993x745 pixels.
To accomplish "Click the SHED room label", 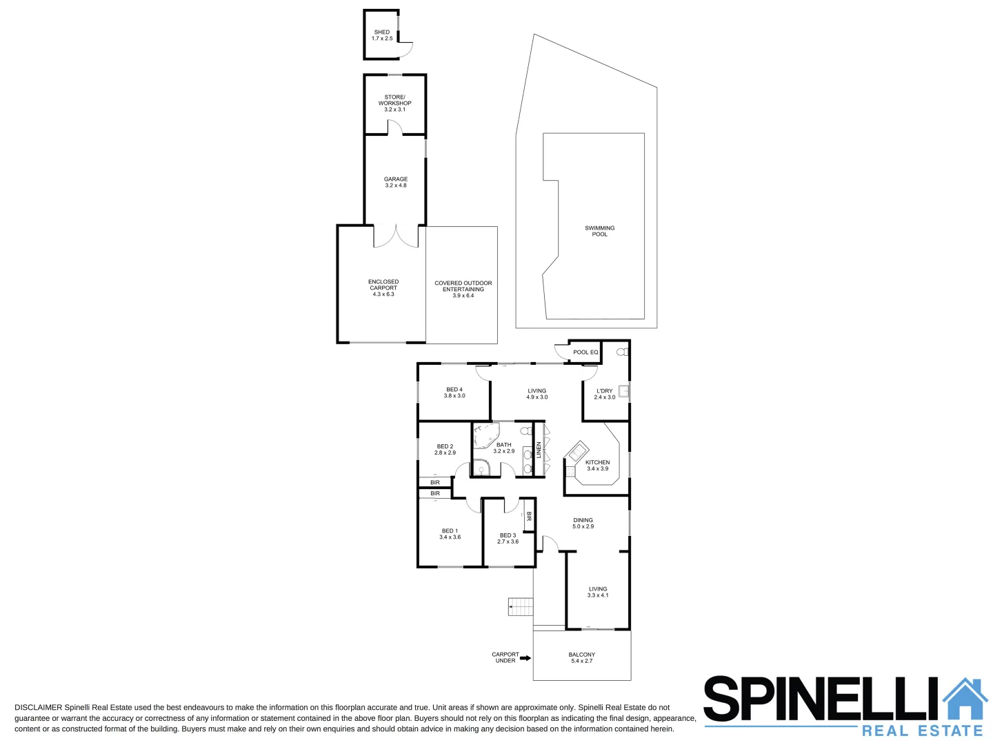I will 381,32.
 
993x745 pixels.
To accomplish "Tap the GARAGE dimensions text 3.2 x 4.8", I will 396,186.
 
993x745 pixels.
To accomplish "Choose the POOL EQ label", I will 585,352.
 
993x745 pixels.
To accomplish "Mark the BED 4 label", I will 454,390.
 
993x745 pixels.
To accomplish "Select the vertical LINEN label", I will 539,450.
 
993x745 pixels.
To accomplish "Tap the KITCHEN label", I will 597,462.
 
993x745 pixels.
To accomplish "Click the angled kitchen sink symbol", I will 576,452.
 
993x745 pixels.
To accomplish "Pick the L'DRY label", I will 604,391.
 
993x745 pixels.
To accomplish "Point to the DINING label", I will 583,520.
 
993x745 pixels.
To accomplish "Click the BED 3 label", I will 508,535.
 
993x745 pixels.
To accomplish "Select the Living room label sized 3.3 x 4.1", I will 598,589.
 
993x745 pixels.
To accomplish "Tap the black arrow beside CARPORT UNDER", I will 525,658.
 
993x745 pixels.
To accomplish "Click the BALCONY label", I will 581,655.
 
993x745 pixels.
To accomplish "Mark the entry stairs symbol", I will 521,607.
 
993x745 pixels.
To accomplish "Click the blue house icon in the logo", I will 965,699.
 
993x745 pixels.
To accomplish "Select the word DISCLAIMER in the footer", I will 38,708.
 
